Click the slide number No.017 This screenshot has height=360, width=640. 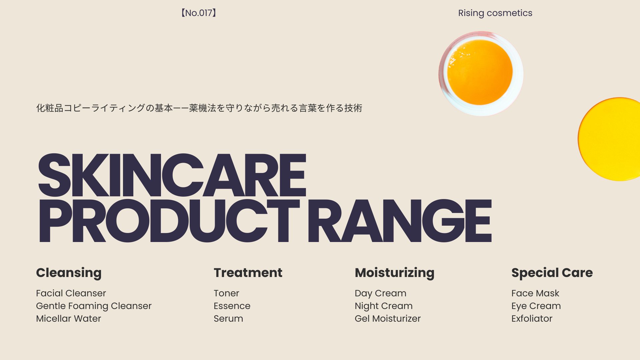pos(199,13)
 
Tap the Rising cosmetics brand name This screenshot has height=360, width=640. pos(495,13)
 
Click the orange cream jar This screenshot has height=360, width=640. pos(481,74)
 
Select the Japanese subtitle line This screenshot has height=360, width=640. pos(199,108)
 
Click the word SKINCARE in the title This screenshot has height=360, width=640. pos(172,175)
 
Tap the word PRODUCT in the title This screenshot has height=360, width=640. pos(169,221)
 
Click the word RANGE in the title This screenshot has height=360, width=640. pos(399,221)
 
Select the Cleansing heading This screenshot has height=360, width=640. pos(69,273)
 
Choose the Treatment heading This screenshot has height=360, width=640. pos(248,273)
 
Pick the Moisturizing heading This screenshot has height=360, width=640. pos(395,273)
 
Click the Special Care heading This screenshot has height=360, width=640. pos(552,273)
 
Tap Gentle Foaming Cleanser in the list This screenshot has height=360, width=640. pos(94,306)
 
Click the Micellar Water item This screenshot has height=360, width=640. pos(68,319)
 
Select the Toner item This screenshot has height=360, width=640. pos(226,293)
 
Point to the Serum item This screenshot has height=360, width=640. pos(228,319)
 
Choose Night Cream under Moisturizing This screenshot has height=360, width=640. pos(384,306)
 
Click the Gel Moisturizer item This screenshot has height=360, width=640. pos(388,319)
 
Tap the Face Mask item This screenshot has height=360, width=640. pos(535,293)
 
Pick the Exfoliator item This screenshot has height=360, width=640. pos(532,319)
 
